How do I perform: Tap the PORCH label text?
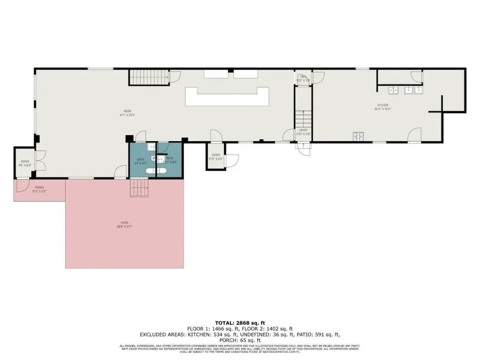[39, 187]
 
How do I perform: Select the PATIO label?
[124, 223]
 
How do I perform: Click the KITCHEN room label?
[383, 105]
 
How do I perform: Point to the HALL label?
[303, 76]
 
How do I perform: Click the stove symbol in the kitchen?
[359, 136]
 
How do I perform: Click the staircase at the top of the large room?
[148, 77]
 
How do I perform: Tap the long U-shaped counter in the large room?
[227, 97]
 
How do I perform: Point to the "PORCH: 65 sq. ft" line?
[240, 340]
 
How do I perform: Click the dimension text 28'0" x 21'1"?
[124, 227]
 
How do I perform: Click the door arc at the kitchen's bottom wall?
[414, 135]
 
